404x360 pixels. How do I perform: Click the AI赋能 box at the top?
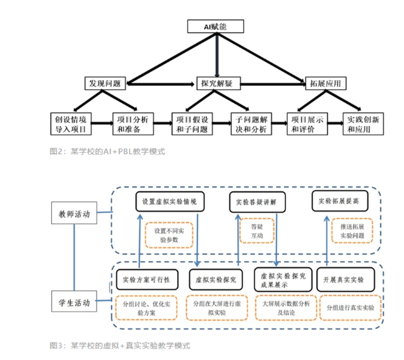[216, 27]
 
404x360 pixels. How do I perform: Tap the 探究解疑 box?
[217, 83]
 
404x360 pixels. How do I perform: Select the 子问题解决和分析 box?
[251, 123]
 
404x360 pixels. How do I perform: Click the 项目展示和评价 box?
[307, 123]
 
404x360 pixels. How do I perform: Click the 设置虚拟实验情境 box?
[169, 202]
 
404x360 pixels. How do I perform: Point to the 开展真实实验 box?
[343, 279]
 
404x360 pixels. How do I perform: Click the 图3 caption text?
[119, 345]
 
